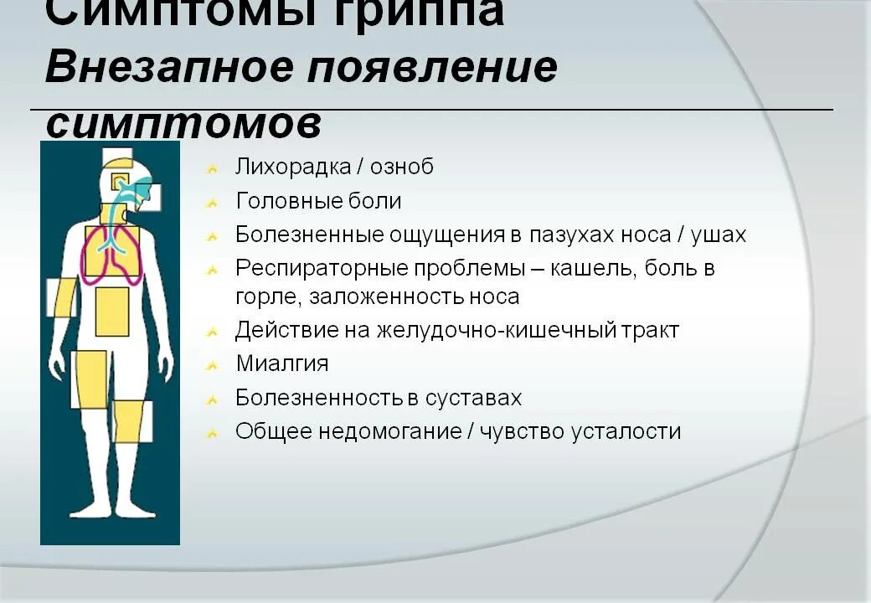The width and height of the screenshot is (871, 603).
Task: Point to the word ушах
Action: pyautogui.click(x=718, y=234)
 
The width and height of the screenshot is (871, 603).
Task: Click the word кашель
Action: pyautogui.click(x=581, y=269)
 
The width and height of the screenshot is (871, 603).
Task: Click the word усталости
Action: pyautogui.click(x=626, y=432)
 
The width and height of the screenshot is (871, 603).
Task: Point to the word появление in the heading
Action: pyautogui.click(x=431, y=67)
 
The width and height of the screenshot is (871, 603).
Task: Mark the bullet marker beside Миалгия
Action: pyautogui.click(x=214, y=365)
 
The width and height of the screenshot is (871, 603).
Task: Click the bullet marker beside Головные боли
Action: pyautogui.click(x=214, y=203)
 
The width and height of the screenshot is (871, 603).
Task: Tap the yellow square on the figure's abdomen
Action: pyautogui.click(x=112, y=312)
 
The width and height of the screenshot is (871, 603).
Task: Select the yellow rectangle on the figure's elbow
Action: pyautogui.click(x=65, y=296)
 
